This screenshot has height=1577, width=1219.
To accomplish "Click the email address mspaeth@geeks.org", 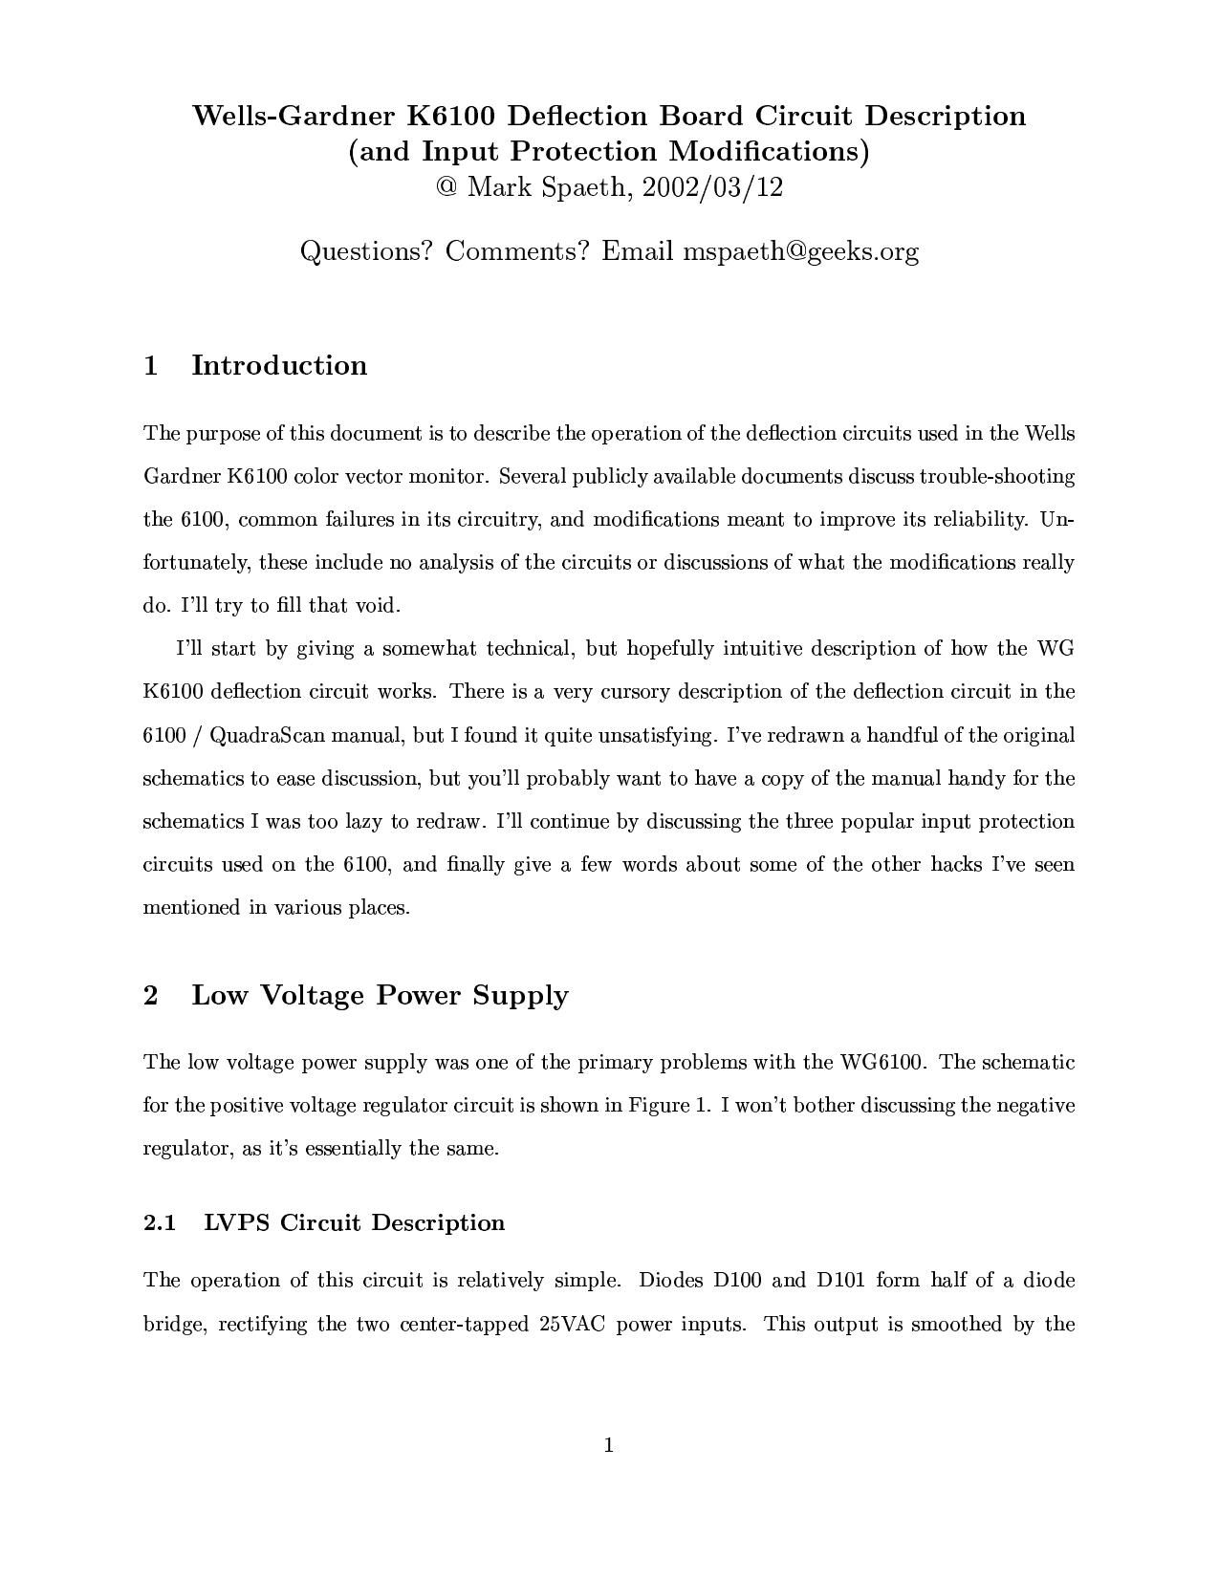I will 800,251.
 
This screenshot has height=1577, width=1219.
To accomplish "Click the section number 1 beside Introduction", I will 150,365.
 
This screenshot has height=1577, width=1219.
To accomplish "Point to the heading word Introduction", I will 279,365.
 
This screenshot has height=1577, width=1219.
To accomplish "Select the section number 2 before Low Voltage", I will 150,995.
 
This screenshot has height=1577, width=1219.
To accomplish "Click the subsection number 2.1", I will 160,1223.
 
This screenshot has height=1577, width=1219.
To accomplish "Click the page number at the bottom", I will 609,1445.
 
